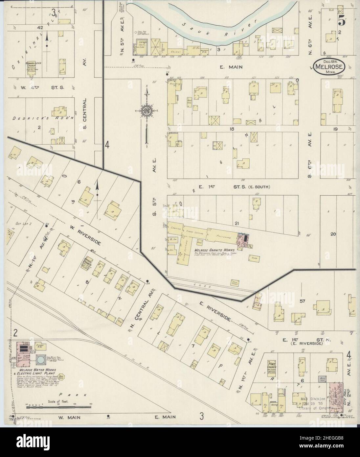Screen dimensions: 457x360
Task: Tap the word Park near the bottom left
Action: click(79, 395)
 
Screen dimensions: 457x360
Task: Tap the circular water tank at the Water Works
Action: click(41, 360)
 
